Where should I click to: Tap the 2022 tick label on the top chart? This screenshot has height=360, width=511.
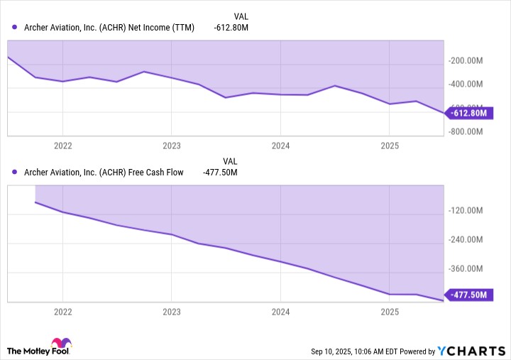tap(62, 145)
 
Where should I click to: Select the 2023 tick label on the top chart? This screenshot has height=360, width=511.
tap(171, 145)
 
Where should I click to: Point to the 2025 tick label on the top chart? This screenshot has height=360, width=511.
tap(389, 145)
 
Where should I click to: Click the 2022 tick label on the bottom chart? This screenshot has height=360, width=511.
tap(62, 311)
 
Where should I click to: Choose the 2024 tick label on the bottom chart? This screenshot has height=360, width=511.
tap(280, 311)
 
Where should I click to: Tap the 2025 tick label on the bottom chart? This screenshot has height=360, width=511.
tap(389, 311)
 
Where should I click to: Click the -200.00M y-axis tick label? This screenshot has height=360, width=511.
tap(467, 61)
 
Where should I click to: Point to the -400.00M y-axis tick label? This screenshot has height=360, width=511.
tap(467, 84)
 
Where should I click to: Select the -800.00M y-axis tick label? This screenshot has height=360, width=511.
tap(467, 132)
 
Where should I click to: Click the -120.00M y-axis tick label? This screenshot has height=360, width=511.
tap(467, 211)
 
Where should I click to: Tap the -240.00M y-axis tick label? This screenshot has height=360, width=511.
tap(467, 240)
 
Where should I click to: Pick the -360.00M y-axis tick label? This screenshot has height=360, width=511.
tap(467, 269)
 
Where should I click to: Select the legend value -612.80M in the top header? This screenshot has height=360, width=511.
tap(231, 28)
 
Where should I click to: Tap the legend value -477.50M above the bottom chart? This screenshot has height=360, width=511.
tap(220, 172)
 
